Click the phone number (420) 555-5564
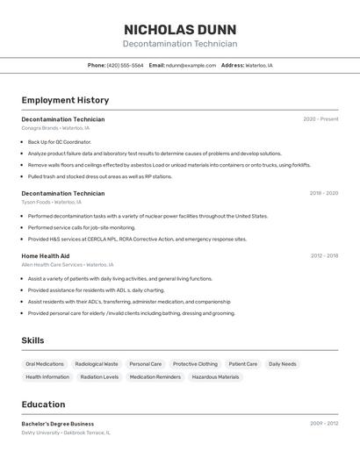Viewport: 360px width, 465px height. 125,65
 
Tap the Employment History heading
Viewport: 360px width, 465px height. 65,101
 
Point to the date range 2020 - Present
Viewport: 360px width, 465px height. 320,119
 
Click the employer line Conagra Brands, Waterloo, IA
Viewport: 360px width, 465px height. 55,128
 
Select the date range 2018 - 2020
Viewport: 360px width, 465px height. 323,193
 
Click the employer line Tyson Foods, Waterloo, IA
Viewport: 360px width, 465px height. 51,202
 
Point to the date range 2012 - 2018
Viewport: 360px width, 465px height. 324,256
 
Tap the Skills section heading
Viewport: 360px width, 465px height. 32,340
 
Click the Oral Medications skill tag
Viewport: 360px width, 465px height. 45,364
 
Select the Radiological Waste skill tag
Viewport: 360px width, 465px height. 97,364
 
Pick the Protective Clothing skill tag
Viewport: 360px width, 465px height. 195,364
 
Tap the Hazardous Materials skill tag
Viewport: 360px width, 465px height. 215,377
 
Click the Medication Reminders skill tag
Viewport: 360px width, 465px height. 155,377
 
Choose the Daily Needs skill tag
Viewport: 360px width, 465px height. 283,364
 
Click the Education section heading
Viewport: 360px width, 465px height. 43,404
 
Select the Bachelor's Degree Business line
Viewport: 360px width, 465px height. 58,424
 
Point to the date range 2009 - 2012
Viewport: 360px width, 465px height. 324,424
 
